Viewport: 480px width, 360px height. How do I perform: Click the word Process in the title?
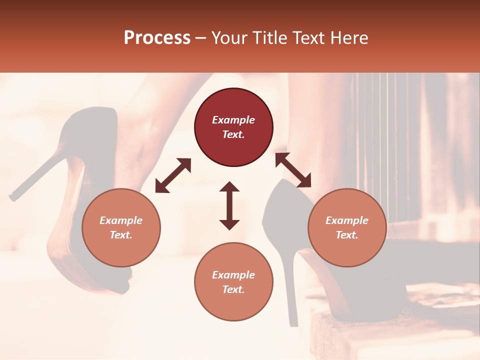coord(157,38)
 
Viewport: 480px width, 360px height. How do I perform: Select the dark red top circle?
coord(233,127)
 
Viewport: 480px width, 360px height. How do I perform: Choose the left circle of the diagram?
coord(121,228)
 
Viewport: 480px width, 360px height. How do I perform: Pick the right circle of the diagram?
coord(347,228)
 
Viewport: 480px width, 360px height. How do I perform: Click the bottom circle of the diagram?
coord(233,282)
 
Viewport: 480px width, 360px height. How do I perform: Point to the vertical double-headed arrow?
coord(229,205)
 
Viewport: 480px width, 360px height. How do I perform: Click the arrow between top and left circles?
coord(173,175)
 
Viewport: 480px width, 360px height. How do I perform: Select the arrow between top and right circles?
coord(293,170)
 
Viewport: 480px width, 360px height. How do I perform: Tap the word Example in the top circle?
coord(233,120)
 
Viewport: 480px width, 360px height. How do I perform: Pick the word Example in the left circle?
coord(121,220)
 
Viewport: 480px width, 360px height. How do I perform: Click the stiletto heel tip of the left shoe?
coord(12,197)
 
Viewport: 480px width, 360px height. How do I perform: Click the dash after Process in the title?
coord(201,38)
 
